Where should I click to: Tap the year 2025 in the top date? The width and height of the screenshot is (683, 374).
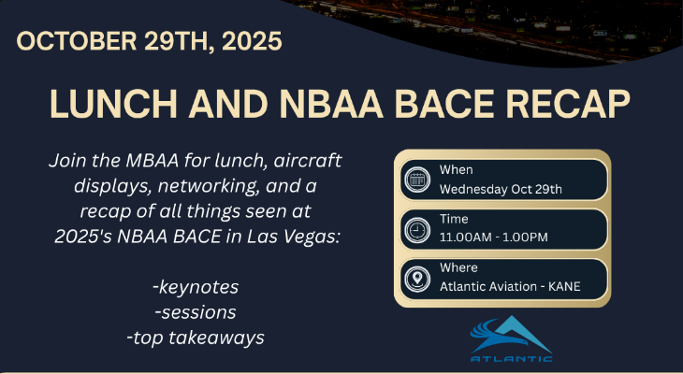[x=248, y=42]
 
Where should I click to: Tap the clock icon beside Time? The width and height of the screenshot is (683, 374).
[x=415, y=229]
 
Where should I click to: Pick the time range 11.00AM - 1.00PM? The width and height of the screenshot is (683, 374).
[x=494, y=237]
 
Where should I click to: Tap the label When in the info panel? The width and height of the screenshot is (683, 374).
[x=456, y=170]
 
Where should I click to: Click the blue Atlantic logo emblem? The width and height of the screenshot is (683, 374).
[x=511, y=332]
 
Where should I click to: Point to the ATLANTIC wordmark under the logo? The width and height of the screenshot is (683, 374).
[x=511, y=357]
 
